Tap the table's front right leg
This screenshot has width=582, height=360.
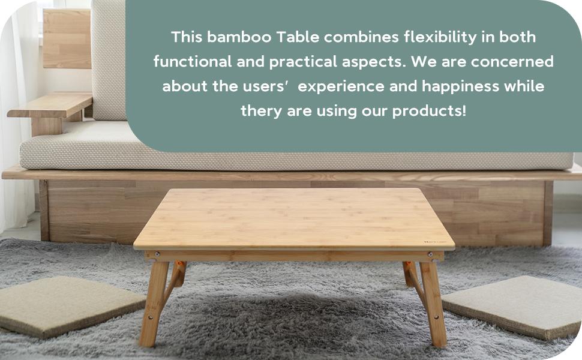click(x=434, y=303)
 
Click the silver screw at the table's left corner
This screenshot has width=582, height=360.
click(x=157, y=254)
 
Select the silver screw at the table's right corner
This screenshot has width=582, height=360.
click(x=430, y=254)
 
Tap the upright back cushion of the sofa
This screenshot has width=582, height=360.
click(x=109, y=60)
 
